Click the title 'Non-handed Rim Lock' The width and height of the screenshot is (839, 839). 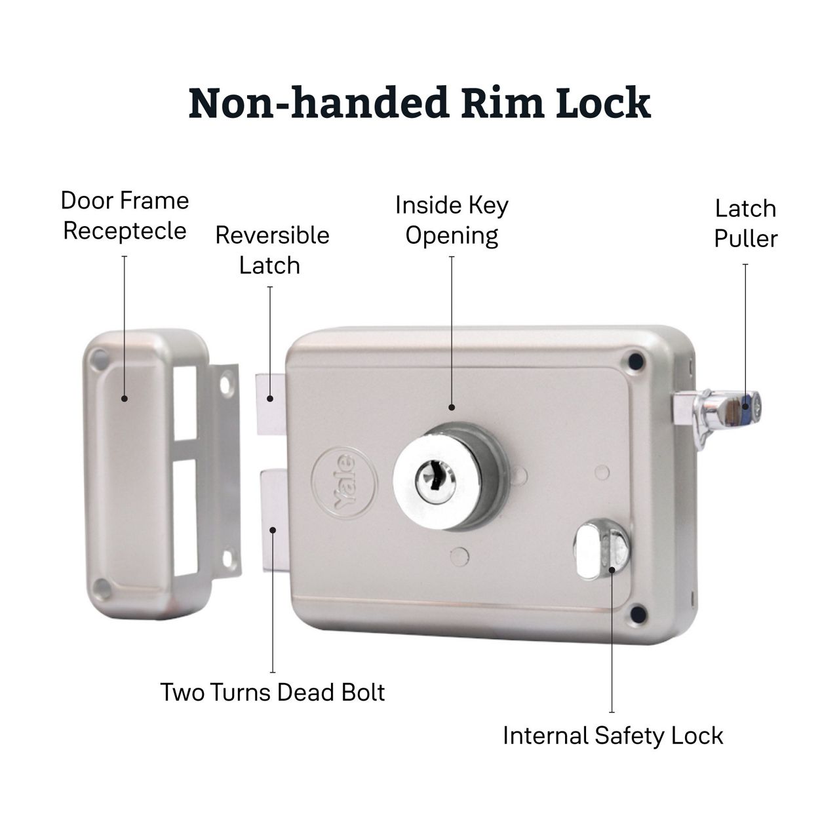point(419,103)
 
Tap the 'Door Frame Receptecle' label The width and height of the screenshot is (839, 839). point(125,216)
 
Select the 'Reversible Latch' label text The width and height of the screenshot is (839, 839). point(271,250)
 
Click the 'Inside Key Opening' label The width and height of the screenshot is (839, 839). point(452,220)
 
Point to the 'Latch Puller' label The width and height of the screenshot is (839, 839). point(745,224)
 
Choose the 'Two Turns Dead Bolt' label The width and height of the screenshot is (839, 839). point(273,692)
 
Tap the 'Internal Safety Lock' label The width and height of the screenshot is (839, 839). point(613,735)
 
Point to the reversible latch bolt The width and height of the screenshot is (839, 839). point(271,403)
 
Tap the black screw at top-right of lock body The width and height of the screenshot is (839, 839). point(634,359)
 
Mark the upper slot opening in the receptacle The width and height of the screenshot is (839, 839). point(185,401)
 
